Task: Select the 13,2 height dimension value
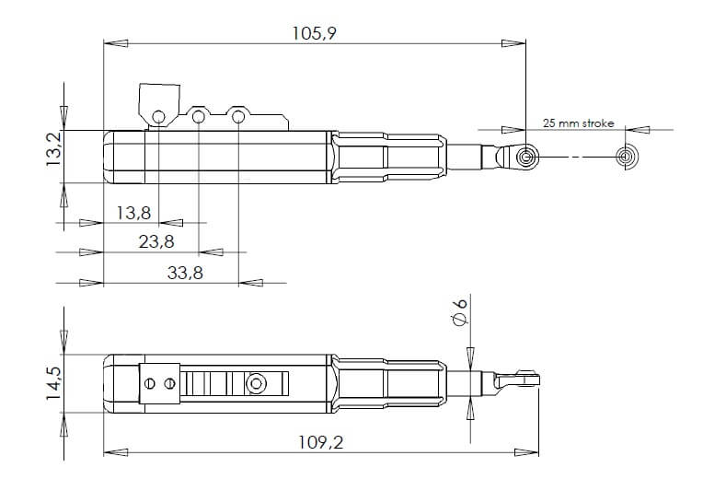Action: tap(52, 147)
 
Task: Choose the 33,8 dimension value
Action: tap(185, 273)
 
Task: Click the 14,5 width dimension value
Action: tap(52, 380)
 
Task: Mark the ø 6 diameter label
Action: tap(461, 311)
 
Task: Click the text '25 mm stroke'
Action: tap(578, 123)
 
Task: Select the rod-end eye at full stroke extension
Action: tap(627, 158)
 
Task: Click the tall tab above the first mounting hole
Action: tap(158, 99)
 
